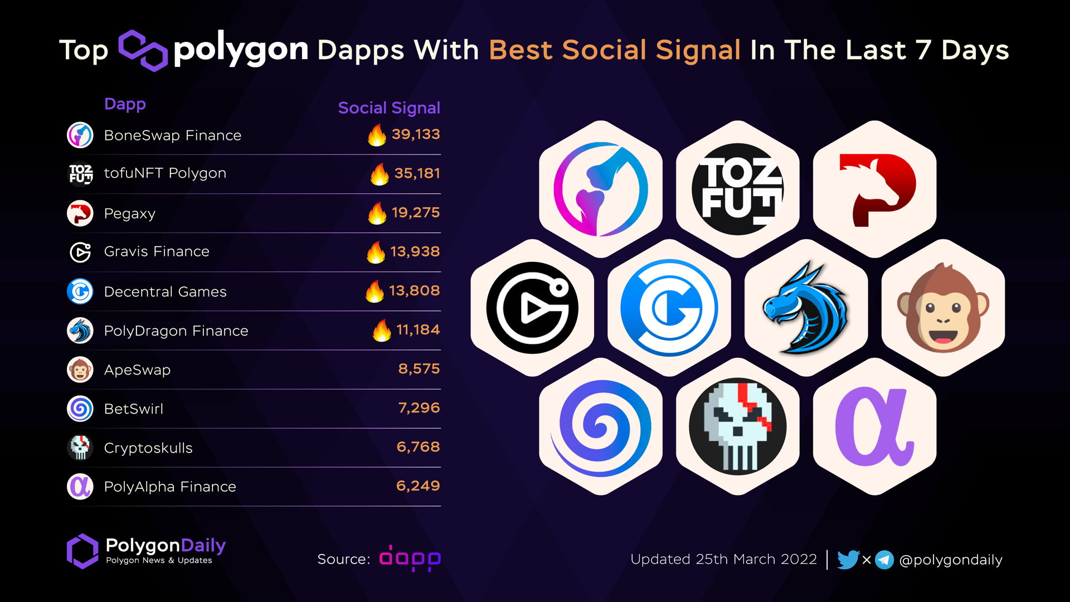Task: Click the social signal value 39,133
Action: pos(415,134)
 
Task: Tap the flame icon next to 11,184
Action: pos(382,331)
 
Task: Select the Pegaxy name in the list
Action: pos(129,213)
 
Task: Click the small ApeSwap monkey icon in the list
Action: pos(80,370)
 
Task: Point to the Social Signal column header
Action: pos(389,108)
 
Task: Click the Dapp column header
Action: pos(125,104)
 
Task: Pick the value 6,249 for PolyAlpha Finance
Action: pos(417,486)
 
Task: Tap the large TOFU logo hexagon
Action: pos(737,189)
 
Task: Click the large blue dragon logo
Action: pos(806,308)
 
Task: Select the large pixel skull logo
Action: pos(737,426)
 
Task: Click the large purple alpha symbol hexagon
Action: pos(874,426)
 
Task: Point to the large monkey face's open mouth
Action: pos(943,337)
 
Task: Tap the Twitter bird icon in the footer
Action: pos(848,559)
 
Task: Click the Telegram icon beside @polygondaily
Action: pos(884,559)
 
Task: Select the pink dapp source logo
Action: pos(410,559)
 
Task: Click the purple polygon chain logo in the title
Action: pos(143,50)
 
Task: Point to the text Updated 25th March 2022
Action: pos(723,559)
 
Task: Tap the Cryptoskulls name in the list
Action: pos(148,448)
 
